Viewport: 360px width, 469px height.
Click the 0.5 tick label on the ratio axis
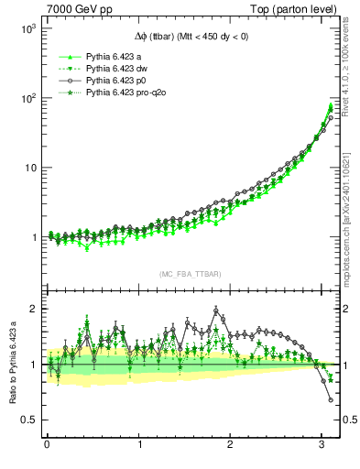(27, 420)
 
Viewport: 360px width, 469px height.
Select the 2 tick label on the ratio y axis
(31, 309)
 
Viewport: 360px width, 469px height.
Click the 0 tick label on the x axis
(47, 445)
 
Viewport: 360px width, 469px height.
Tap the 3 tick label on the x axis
(322, 445)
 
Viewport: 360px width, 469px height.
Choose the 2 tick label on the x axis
(230, 445)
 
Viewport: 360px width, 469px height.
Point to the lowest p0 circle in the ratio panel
(331, 399)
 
